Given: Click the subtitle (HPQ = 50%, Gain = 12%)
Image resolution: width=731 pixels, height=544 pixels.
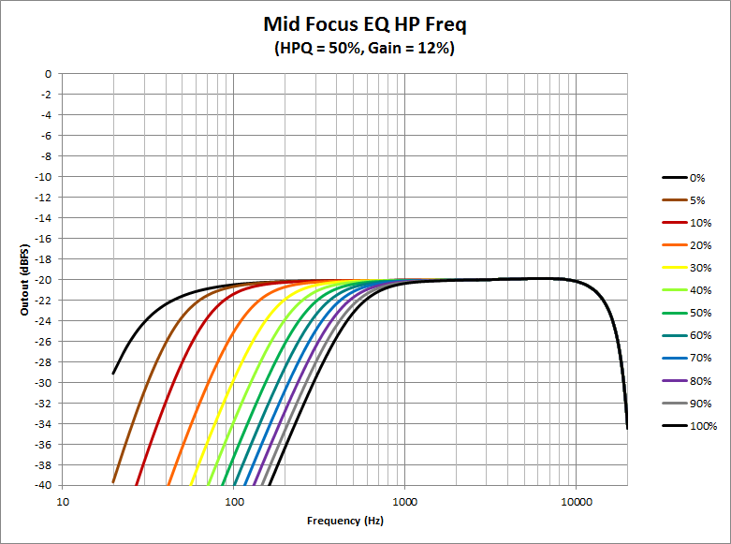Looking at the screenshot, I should pos(365,48).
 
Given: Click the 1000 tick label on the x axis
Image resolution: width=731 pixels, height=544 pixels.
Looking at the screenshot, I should pos(405,501).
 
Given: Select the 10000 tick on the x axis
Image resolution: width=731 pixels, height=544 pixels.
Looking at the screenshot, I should pos(577,501).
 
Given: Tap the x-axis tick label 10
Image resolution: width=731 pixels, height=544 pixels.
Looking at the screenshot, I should pos(64,501).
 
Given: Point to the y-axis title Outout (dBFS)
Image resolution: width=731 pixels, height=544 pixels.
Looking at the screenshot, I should pos(26,279).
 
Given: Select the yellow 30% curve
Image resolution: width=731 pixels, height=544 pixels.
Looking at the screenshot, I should pos(225,393).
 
